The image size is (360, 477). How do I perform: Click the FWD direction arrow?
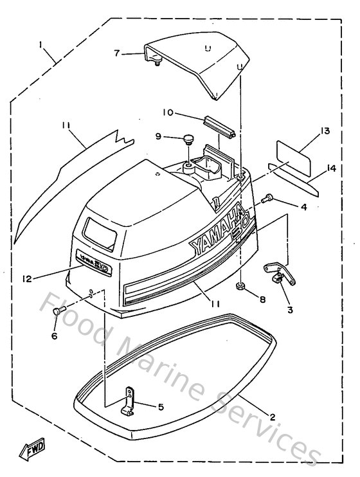(32, 453)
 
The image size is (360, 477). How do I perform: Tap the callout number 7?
(117, 53)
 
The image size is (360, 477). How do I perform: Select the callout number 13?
(325, 131)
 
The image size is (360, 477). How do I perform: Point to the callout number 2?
(272, 417)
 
